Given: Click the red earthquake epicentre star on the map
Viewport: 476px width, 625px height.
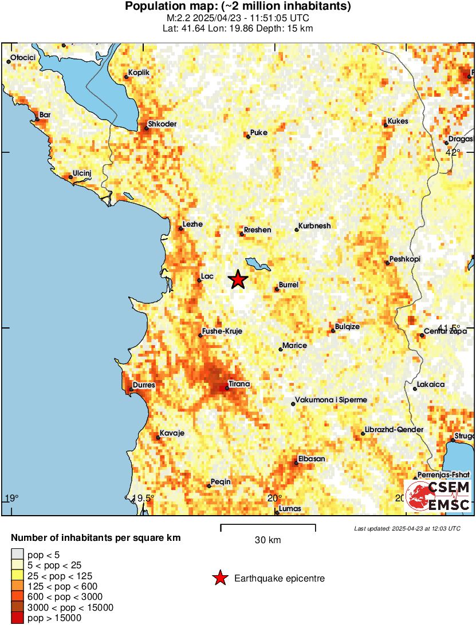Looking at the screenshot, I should pos(238,279).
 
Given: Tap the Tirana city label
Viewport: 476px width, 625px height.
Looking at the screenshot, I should pos(239,383).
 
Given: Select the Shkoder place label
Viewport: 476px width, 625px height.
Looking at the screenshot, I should pos(162,124).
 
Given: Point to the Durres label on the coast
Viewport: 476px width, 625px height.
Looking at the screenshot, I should pos(144,385).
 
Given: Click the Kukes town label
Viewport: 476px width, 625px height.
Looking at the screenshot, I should pos(398,121).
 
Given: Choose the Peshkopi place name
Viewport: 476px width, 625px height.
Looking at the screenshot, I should pos(404,259).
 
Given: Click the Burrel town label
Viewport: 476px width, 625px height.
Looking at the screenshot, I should pos(288,284).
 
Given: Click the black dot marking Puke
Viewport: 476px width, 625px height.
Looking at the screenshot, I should pos(248,136).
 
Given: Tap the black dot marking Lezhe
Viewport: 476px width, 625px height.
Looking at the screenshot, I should pos(181,228).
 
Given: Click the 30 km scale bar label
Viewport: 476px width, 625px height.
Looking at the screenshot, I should pos(268,540).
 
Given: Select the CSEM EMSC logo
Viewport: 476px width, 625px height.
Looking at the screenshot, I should pos(438,496).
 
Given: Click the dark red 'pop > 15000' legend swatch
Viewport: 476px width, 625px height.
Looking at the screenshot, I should pos(18,618).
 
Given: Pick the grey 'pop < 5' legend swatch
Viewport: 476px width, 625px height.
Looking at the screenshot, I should pos(18,554).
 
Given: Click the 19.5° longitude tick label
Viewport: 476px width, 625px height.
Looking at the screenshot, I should pos(143,497).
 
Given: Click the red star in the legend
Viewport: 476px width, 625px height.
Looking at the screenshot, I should pos(219,579).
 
